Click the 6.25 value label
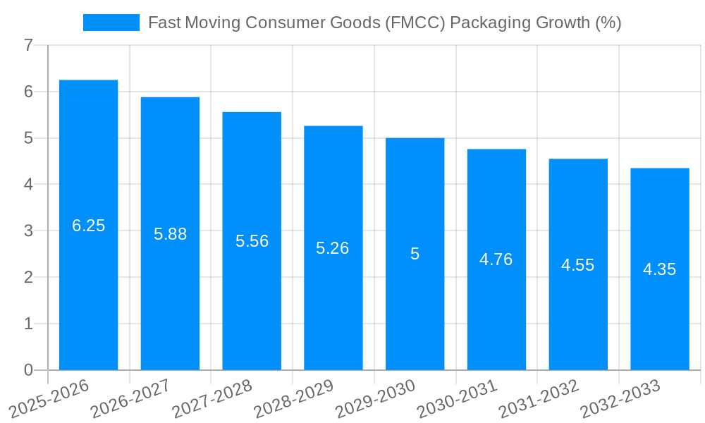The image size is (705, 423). click(88, 226)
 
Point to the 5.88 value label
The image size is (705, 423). click(170, 234)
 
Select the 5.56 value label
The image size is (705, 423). click(252, 241)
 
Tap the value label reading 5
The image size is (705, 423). click(415, 254)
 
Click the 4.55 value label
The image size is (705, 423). click(577, 265)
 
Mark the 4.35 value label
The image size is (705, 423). click(659, 269)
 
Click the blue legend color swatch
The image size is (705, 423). click(111, 23)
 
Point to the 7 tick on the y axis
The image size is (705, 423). click(28, 45)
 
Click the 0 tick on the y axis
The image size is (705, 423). click(28, 370)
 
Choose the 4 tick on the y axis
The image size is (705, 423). click(28, 185)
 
